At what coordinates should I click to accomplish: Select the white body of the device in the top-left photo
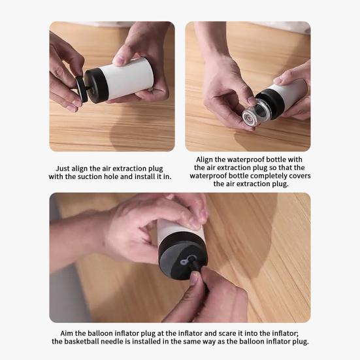(129, 78)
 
